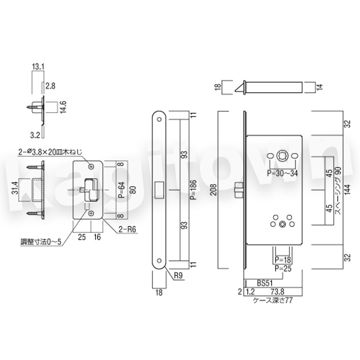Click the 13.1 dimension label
coord(38,67)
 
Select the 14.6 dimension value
coord(63,107)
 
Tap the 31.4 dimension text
coord(15,187)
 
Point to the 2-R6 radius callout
coord(127,229)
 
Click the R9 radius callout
coord(178,276)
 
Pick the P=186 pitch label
coord(193,189)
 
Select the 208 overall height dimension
coord(214,189)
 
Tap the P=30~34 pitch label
coord(282,173)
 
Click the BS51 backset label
coord(265,283)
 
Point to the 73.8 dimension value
coord(277,291)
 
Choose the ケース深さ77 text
coord(273,300)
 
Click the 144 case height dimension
coord(348,189)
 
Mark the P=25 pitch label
coord(283,268)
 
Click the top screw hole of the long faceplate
coord(159,119)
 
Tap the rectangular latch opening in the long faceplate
coord(159,190)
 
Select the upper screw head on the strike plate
coord(91,167)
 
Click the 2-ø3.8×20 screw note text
coord(50,152)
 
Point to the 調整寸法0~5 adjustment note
coord(41,242)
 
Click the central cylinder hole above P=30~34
coord(282,156)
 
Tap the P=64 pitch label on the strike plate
coord(122,189)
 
